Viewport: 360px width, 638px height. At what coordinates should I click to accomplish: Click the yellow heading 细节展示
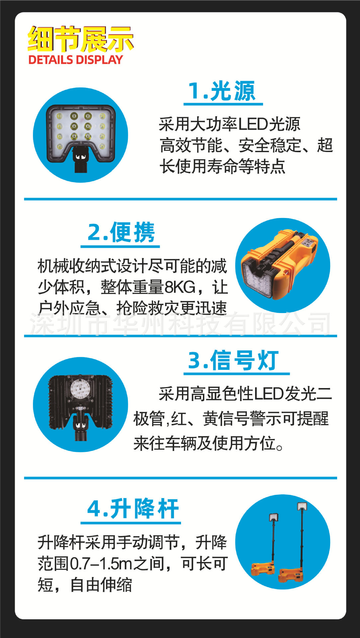point(81,39)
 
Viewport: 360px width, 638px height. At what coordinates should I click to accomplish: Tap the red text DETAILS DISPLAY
point(76,60)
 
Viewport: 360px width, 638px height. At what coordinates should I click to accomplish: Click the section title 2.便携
point(121,232)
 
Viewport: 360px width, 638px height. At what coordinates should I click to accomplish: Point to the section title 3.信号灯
point(233,360)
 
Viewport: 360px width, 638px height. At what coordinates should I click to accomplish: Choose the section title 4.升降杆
point(133,508)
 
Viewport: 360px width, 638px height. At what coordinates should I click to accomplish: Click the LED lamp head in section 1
point(81,133)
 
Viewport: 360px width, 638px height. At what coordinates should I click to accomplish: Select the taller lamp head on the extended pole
point(302,506)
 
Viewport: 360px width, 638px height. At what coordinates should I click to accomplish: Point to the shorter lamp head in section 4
point(274,517)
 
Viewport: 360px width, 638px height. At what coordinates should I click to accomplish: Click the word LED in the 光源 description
point(253,124)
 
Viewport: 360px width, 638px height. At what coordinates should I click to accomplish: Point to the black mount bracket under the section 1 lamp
point(80,159)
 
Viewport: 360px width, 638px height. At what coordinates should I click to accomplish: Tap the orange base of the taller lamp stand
point(291,575)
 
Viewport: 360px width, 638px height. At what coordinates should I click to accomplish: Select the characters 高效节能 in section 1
point(191,145)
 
